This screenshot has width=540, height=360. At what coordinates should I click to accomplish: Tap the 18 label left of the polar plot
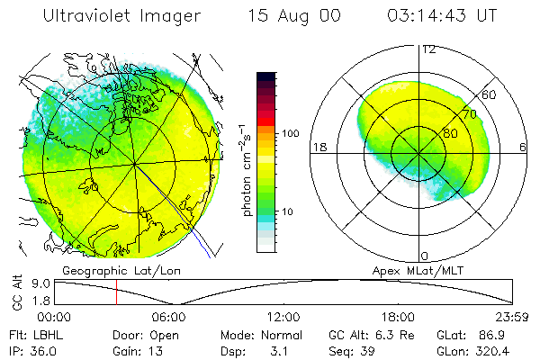(x=318, y=147)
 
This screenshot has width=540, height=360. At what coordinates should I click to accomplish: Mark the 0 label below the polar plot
(x=425, y=256)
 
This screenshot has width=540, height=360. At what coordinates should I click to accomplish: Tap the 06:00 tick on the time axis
(x=168, y=316)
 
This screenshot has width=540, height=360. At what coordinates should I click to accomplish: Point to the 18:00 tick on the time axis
(x=398, y=316)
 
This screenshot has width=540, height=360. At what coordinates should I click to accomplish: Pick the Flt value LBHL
(x=42, y=335)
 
